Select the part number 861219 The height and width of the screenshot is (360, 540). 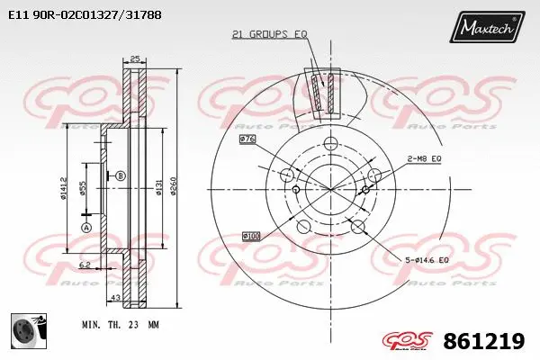click(x=492, y=341)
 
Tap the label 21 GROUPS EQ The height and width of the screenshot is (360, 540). click(x=269, y=34)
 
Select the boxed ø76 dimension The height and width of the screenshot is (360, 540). click(x=247, y=139)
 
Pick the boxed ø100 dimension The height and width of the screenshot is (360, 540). click(x=251, y=236)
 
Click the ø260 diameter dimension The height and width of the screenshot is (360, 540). click(x=174, y=187)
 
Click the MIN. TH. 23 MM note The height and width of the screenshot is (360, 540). click(x=121, y=322)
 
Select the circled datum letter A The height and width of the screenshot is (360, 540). click(x=86, y=229)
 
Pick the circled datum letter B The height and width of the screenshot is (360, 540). click(x=120, y=175)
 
